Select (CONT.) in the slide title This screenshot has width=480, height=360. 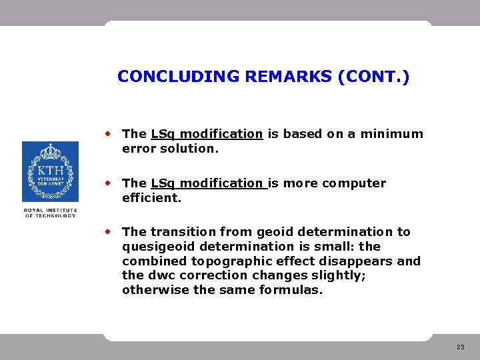point(373,77)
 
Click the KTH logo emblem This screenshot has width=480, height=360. point(50,171)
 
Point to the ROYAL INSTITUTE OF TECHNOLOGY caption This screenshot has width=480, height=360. point(50,213)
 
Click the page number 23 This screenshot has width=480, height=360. point(461,347)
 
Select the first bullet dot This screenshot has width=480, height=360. point(107,133)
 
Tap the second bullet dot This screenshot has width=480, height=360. point(107,183)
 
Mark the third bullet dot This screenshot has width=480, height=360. point(107,231)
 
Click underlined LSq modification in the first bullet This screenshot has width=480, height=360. point(207,134)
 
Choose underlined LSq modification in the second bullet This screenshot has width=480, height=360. point(207,183)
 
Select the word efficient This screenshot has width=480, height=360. point(151,198)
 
